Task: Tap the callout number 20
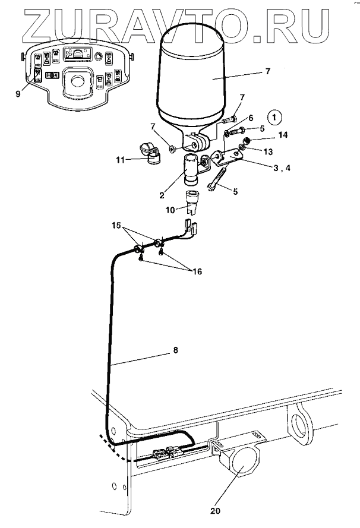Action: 215,511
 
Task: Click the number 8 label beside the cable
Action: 175,350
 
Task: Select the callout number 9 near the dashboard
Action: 18,93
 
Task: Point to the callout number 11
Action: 121,160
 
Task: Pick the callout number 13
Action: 268,152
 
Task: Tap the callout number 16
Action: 197,271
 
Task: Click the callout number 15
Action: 116,225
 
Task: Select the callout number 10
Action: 170,210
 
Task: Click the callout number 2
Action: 162,195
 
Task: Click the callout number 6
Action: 251,118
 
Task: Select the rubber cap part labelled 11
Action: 150,154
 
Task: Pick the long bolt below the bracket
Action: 217,179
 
